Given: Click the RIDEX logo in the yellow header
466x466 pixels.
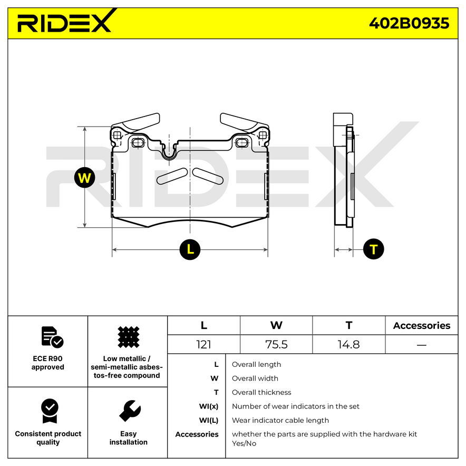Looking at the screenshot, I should (x=64, y=23).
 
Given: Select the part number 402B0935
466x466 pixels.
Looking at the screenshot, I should (x=409, y=23).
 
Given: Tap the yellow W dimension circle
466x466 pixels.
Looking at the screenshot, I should (x=84, y=178).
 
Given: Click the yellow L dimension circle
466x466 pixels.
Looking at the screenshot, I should (x=190, y=249).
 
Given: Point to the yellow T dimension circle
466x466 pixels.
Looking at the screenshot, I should (x=374, y=249).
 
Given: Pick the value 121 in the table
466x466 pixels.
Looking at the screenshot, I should (x=203, y=345).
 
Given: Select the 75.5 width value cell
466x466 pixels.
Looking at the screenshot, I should (x=276, y=345).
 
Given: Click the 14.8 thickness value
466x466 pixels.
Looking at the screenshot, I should (x=348, y=345).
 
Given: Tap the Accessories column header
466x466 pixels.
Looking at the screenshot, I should (x=421, y=326).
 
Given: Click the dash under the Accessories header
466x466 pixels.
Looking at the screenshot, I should (x=421, y=345).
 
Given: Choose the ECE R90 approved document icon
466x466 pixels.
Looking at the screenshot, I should (x=52, y=337).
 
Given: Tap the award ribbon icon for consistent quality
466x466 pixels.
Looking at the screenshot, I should (x=49, y=411).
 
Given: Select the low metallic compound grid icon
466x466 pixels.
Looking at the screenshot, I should (x=128, y=337).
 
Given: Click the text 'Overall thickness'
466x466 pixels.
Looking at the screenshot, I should (x=261, y=392).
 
